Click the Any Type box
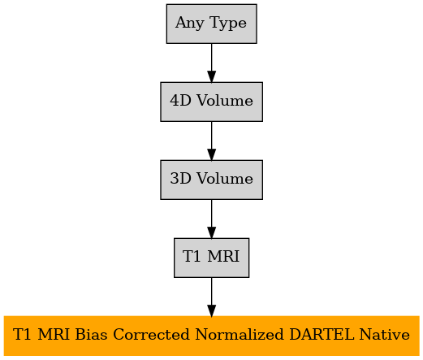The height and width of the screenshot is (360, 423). tap(211, 24)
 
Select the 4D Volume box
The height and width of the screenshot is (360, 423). tap(211, 102)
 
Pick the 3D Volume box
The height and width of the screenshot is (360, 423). tap(211, 180)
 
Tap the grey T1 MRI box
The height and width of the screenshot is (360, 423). tap(211, 258)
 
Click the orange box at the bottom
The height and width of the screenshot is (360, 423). tap(211, 336)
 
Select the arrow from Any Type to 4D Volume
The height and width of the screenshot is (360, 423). tap(211, 63)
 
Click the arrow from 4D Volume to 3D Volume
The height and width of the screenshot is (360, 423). tap(211, 141)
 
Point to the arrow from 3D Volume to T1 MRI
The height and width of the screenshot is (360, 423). tap(211, 219)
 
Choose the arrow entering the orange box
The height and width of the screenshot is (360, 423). tap(211, 297)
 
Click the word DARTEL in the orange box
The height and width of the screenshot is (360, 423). tap(322, 334)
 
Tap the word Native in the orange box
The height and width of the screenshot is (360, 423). tap(385, 334)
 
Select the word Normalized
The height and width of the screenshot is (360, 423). tap(240, 334)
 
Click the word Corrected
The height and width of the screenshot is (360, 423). tap(151, 334)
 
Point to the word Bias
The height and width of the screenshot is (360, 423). tap(91, 334)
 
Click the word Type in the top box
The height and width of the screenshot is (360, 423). tap(228, 23)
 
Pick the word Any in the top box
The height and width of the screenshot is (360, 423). tap(190, 23)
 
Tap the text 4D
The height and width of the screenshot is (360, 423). tap(180, 100)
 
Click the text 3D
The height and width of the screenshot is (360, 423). tap(180, 178)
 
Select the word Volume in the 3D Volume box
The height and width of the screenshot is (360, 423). tap(225, 178)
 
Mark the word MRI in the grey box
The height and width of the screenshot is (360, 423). tap(223, 256)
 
